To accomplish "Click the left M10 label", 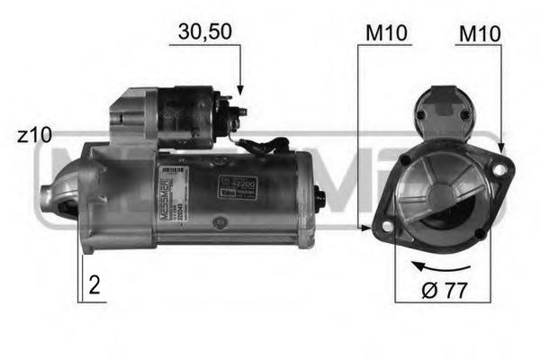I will coord(388,33).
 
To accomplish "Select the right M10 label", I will coord(478,33).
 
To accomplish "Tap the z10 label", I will coord(34,137).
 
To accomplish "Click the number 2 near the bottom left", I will coord(94,287).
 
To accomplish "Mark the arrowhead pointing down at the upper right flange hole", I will coord(499,147).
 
